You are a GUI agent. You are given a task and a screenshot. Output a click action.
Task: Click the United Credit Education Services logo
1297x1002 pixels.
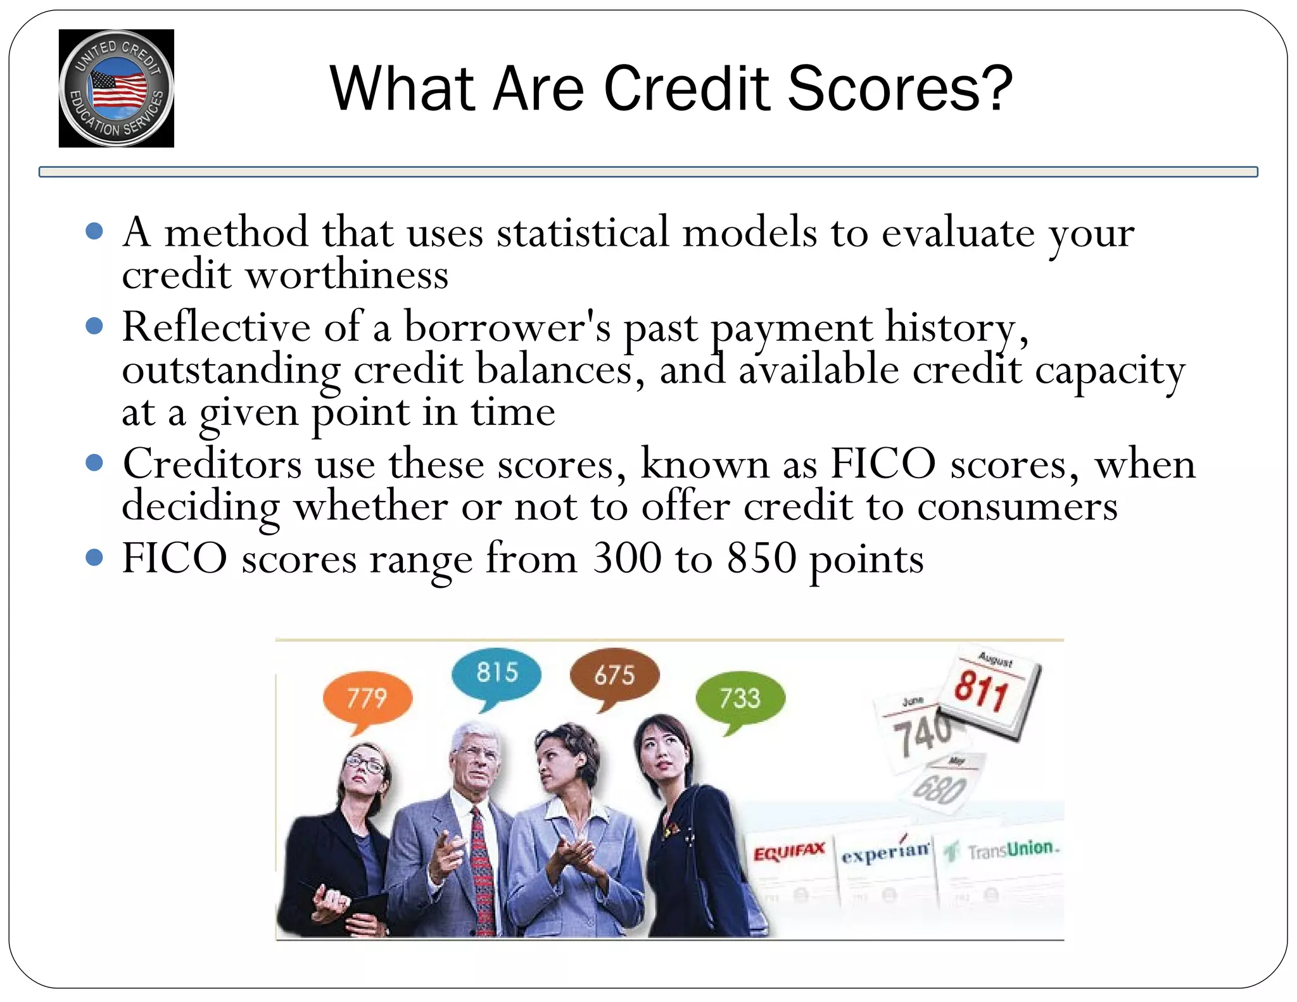click(116, 89)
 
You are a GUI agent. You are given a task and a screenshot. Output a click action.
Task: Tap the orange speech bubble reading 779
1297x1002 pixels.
click(367, 697)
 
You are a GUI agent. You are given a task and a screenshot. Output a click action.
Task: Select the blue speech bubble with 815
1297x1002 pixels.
click(497, 673)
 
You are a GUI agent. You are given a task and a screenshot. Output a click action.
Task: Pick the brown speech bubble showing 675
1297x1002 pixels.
click(614, 675)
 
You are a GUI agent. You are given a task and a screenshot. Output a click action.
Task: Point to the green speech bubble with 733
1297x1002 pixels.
click(740, 698)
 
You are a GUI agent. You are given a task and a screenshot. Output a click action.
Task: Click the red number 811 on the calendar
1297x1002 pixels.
click(981, 690)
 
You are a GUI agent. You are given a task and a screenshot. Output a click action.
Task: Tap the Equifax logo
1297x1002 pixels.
click(789, 852)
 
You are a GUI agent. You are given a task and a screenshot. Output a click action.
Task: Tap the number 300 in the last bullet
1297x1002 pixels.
click(627, 559)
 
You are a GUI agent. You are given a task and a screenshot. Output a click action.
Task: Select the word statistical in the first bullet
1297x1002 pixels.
click(583, 232)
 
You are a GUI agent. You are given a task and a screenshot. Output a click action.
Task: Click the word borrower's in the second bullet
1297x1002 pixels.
click(507, 327)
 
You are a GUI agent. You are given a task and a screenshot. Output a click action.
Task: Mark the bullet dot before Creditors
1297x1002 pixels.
click(94, 463)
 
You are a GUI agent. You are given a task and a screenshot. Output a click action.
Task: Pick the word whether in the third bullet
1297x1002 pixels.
click(371, 507)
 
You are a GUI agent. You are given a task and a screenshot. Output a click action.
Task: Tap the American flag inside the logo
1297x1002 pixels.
click(118, 89)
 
